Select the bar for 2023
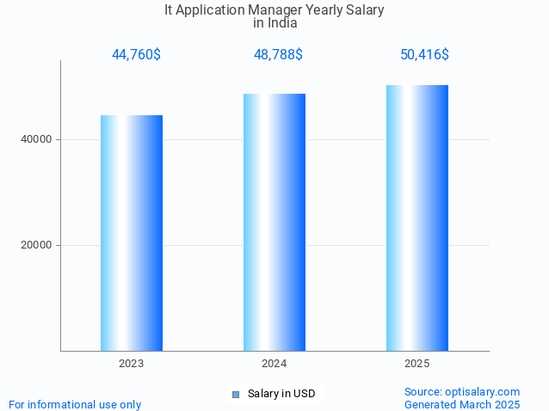[132, 232]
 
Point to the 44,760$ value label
[136, 54]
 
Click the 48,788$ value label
[277, 54]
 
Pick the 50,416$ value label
[424, 54]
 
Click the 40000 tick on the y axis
[36, 139]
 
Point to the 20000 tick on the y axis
[36, 245]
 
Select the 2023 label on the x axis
[132, 364]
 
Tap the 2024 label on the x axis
[274, 364]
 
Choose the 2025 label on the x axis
[417, 364]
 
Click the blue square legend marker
[235, 395]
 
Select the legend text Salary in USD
[281, 394]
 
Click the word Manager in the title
[279, 10]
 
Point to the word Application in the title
[213, 10]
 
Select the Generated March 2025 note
[462, 404]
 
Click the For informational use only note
[75, 404]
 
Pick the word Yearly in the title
[331, 10]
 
